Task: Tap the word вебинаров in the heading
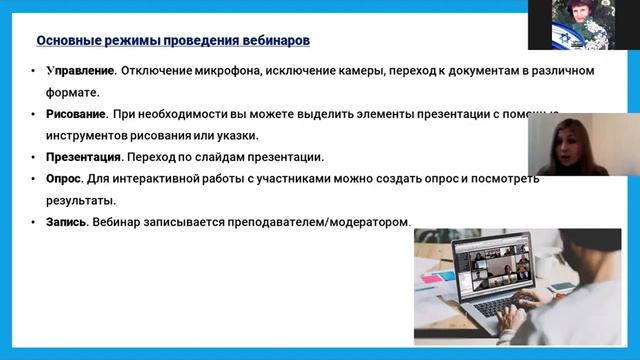click(x=274, y=41)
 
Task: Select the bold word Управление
click(x=81, y=71)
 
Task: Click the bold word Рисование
click(x=76, y=115)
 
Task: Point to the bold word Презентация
click(x=83, y=157)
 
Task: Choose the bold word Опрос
click(x=64, y=179)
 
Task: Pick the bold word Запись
click(x=66, y=222)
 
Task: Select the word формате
click(x=71, y=92)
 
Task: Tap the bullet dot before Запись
click(x=34, y=222)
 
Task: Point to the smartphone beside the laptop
click(x=565, y=290)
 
